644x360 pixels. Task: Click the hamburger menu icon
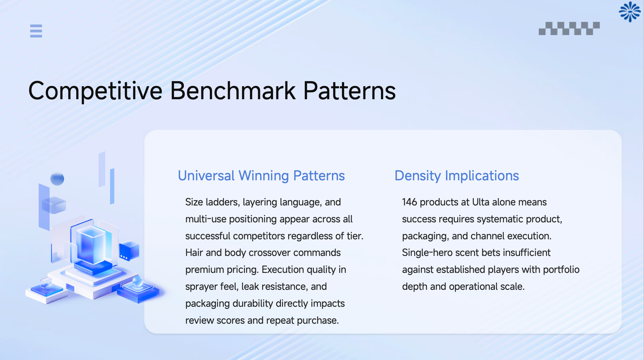(36, 31)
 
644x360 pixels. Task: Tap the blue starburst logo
(629, 12)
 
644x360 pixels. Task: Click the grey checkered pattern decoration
(569, 28)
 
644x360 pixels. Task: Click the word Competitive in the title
(95, 91)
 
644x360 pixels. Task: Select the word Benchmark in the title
(233, 91)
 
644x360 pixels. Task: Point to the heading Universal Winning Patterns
(261, 176)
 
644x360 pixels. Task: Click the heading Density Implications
(457, 176)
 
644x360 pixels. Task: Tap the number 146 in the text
(409, 202)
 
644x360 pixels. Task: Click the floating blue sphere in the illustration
(57, 179)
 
